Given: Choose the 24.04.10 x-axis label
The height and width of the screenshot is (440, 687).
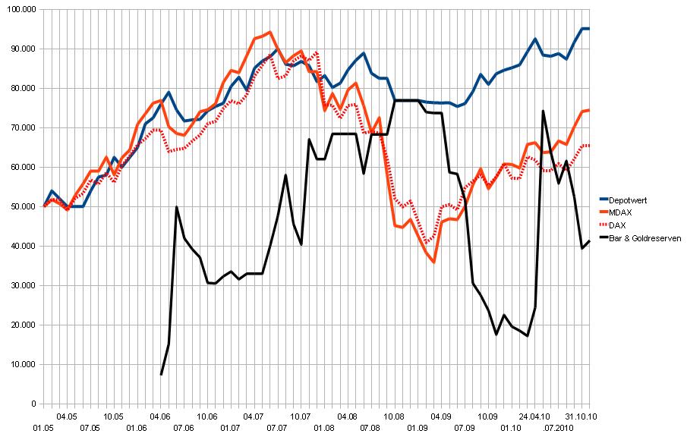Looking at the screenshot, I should (x=535, y=416).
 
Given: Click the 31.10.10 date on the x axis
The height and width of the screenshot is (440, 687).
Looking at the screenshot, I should (x=582, y=416).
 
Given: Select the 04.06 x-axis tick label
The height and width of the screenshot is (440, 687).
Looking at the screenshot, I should (x=160, y=416).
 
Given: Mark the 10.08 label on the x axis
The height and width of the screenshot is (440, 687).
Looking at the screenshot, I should (x=395, y=416).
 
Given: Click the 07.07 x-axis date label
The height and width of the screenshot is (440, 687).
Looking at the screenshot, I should (x=277, y=429).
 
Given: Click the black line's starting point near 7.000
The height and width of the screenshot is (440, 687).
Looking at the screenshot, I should (x=161, y=374).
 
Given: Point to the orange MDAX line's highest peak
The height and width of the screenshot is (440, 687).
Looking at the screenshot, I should (x=270, y=32).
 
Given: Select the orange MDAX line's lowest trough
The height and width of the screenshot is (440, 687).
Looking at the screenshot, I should (x=433, y=262).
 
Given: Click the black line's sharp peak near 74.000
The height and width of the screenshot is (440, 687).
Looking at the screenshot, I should (x=543, y=111).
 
